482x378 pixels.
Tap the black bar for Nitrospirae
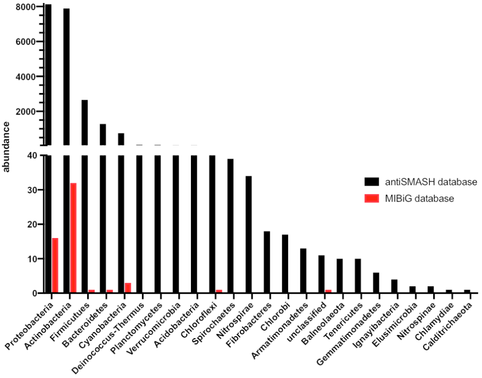pyautogui.click(x=249, y=235)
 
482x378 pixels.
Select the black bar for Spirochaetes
pyautogui.click(x=230, y=226)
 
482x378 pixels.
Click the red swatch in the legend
pyautogui.click(x=372, y=199)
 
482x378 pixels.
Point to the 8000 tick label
pyautogui.click(x=25, y=7)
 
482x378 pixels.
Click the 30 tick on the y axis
pyautogui.click(x=30, y=190)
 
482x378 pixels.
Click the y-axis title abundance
pyautogui.click(x=7, y=146)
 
